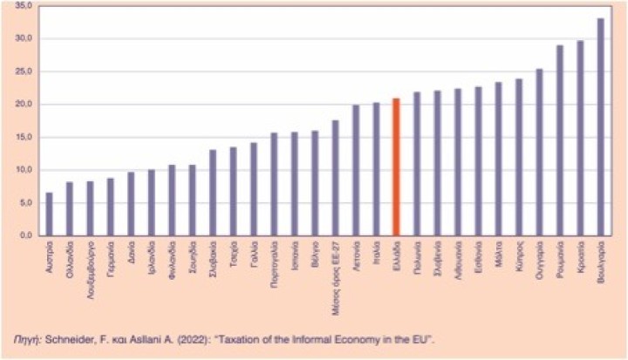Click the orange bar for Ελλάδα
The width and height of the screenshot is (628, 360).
tap(396, 166)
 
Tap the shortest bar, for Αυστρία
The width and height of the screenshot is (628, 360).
tap(49, 214)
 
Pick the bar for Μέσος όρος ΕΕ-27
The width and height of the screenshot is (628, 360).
tap(334, 178)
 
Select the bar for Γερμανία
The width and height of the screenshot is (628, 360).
tap(110, 207)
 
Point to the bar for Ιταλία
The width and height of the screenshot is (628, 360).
tap(376, 169)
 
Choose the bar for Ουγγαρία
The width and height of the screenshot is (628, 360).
tap(539, 152)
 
